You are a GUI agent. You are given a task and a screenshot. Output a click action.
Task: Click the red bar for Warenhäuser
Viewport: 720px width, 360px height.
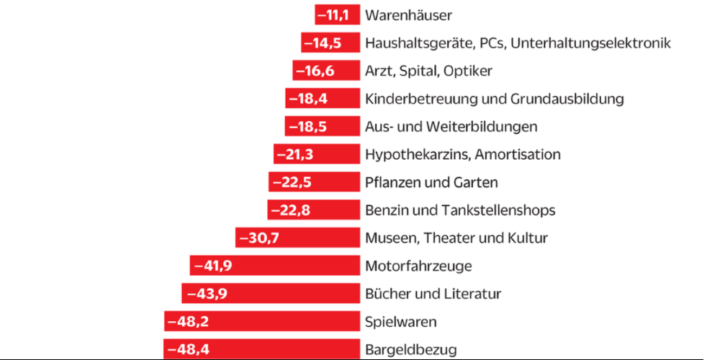337,15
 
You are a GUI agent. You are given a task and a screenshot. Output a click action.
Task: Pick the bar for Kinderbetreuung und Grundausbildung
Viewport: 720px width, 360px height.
322,99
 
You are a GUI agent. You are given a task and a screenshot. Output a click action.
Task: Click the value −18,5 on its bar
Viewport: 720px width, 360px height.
307,127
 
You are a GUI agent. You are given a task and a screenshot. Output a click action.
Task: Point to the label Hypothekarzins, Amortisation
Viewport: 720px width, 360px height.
462,154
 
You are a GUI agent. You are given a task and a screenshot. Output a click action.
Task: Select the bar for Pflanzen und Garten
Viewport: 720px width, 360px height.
314,182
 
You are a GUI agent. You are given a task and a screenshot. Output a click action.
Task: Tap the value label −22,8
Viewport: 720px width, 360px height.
291,210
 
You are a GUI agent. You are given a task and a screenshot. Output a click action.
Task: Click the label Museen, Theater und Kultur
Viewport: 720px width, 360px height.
456,238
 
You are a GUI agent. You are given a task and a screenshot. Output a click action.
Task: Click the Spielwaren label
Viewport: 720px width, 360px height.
400,321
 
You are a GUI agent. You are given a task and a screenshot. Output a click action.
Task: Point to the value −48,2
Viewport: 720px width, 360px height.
188,321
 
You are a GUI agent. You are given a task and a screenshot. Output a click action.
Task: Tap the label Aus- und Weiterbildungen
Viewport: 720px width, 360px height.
451,127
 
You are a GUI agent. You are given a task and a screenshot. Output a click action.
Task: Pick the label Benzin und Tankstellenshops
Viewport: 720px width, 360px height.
460,210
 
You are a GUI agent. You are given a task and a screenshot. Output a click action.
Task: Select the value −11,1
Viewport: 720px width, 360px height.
337,15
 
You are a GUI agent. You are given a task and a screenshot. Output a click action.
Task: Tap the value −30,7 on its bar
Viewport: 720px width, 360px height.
258,238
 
